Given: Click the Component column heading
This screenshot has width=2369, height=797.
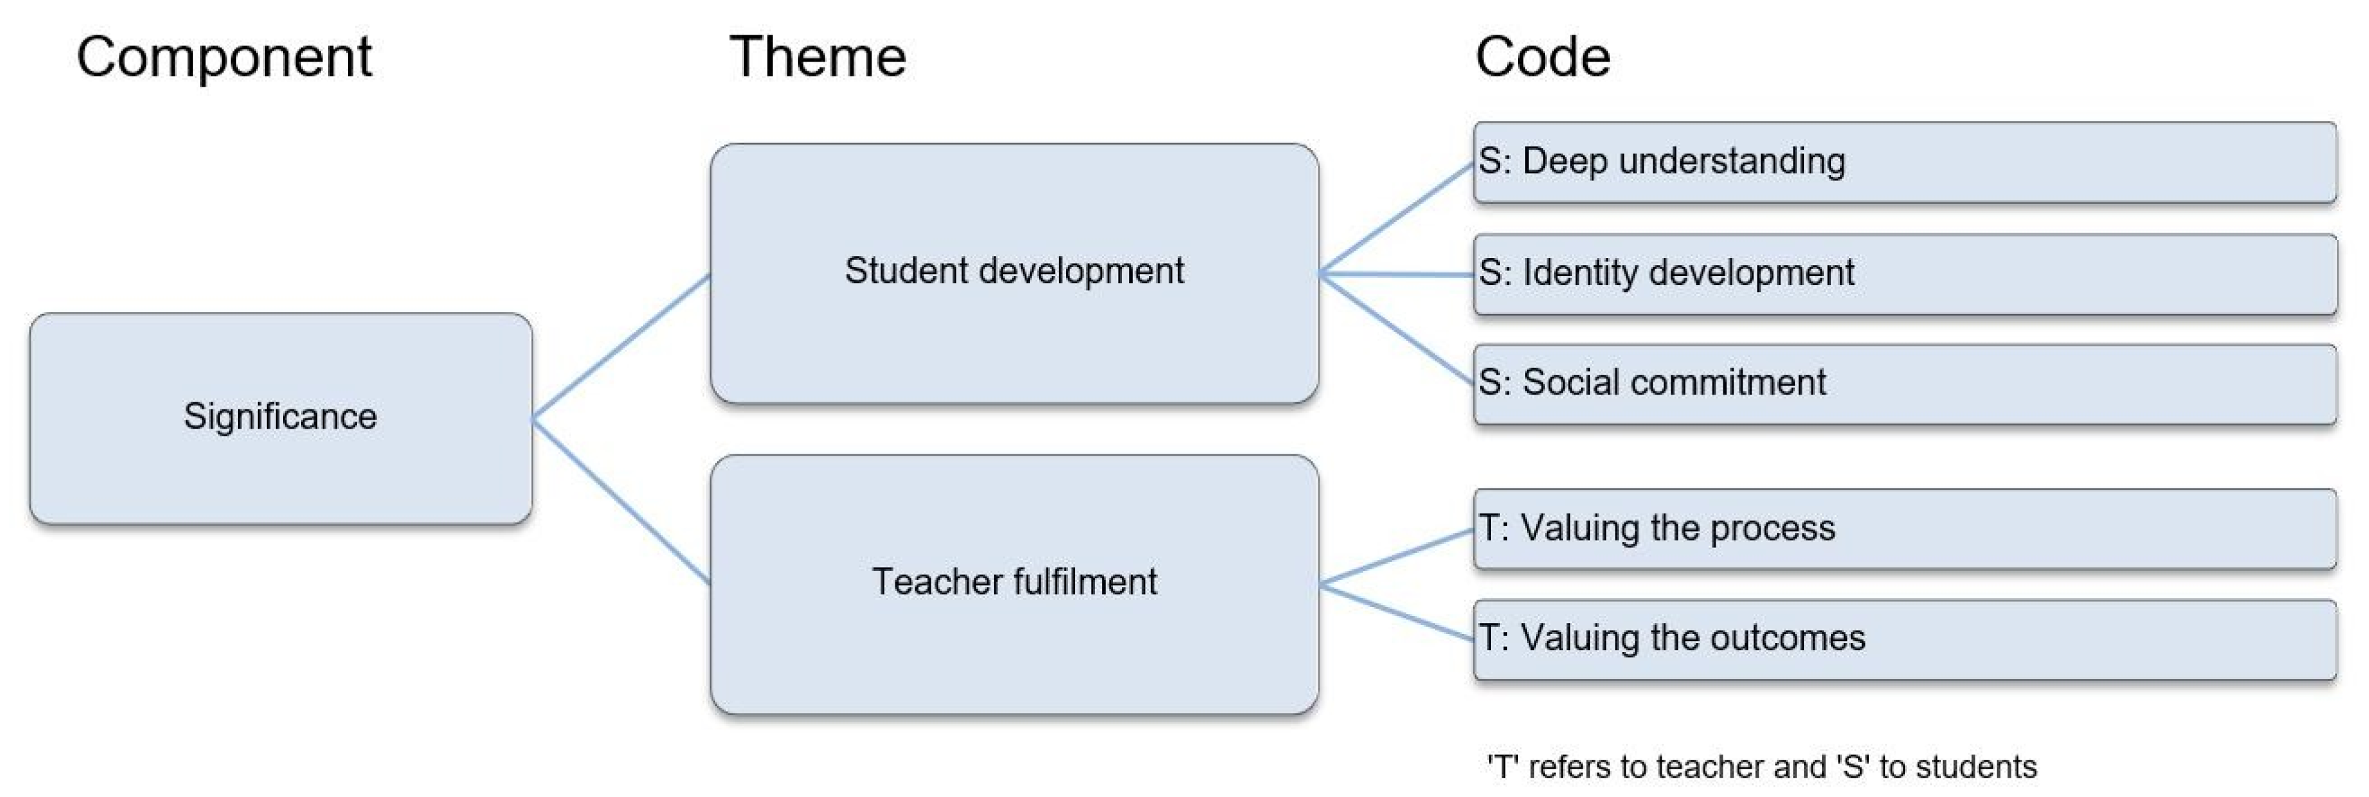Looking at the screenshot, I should (x=223, y=57).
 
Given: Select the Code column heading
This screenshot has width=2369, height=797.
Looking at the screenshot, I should (x=1542, y=57).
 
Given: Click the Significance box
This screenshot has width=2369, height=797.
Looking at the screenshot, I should (x=280, y=418).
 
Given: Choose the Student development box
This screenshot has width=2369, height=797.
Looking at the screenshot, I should (x=1013, y=272).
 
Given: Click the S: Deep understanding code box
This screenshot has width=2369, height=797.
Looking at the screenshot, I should (x=1904, y=162).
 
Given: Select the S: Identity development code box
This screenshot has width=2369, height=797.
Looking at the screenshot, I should (x=1904, y=274).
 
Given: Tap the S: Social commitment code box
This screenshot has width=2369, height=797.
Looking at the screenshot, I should (x=1904, y=383).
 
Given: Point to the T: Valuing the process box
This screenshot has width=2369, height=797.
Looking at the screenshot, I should (x=1904, y=529).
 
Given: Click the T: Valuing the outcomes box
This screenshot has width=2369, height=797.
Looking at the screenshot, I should (x=1904, y=639).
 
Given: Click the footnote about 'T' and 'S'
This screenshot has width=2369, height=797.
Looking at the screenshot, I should (x=1761, y=766).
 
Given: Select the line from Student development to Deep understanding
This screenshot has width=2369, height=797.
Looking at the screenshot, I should (x=1396, y=219).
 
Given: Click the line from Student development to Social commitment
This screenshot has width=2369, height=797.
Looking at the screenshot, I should (x=1396, y=328).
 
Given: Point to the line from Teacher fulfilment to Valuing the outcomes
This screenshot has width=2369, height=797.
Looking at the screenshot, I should (x=1396, y=612).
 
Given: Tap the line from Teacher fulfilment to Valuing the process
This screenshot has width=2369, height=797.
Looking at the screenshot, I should (x=1396, y=557).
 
